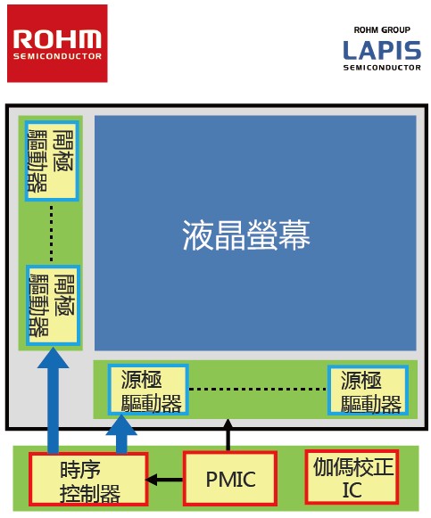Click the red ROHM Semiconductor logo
57,44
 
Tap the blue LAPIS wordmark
382,50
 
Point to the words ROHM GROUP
382,30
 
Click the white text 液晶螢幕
246,235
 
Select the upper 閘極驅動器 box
52,160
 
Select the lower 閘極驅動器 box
53,305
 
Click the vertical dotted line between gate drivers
51,234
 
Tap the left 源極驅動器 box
148,390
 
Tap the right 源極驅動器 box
368,391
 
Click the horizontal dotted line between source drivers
258,389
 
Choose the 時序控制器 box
88,479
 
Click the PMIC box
230,479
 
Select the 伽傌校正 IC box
352,477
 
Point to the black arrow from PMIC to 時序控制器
164,480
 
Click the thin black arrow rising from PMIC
228,435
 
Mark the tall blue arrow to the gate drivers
54,400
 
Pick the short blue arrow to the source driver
121,434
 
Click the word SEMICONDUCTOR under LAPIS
382,68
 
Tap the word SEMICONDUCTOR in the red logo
57,56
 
